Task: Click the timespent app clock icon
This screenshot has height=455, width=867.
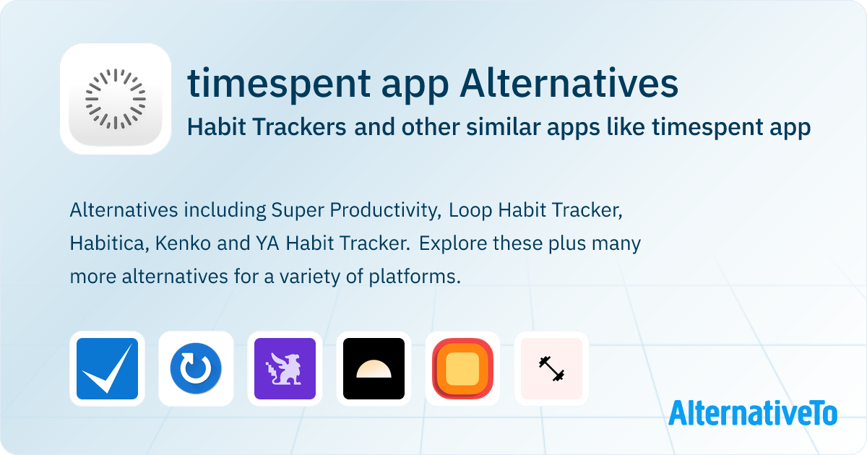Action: (116, 99)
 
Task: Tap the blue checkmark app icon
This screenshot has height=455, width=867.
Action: (107, 369)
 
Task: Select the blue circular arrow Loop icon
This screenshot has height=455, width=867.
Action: (196, 369)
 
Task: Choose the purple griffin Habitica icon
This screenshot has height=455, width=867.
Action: (285, 369)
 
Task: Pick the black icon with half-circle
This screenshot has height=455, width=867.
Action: (374, 369)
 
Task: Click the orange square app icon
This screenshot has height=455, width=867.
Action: (462, 369)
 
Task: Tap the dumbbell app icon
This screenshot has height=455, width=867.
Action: (551, 369)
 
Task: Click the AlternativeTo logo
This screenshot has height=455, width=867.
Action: (753, 413)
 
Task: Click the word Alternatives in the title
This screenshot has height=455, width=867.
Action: (569, 83)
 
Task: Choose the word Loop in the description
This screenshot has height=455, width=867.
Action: (470, 211)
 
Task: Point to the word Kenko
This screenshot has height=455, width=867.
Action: (183, 244)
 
